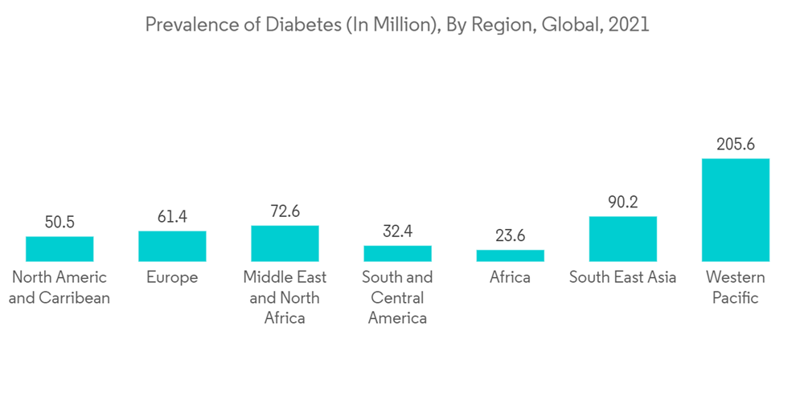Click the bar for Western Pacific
[x=735, y=210]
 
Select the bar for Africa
[x=510, y=256]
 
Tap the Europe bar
[x=172, y=246]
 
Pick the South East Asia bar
[x=622, y=239]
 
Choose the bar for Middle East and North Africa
[x=285, y=243]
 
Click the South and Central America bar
[x=397, y=253]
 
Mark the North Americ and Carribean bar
[x=59, y=248]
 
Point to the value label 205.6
[x=735, y=145]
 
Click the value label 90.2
[x=622, y=202]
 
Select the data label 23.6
[x=510, y=236]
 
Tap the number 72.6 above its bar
[x=285, y=211]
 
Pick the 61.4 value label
[x=172, y=217]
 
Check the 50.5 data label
[x=59, y=223]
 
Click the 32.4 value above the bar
[x=397, y=232]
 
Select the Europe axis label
[x=172, y=277]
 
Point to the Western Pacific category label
[x=735, y=288]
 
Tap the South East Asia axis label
[x=622, y=277]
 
